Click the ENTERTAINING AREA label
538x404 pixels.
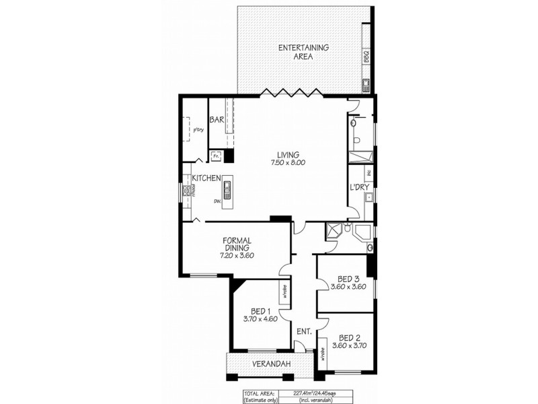[x=304, y=52]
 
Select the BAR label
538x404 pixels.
[x=217, y=120]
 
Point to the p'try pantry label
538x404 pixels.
[x=198, y=129]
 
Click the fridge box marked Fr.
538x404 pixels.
[x=217, y=156]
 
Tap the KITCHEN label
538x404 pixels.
[x=207, y=178]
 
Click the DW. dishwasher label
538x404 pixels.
[x=217, y=200]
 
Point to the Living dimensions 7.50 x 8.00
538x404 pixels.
[x=288, y=162]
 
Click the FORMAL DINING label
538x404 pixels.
[x=237, y=244]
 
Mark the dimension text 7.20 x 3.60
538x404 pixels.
[x=237, y=256]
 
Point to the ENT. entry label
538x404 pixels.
[x=304, y=331]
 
